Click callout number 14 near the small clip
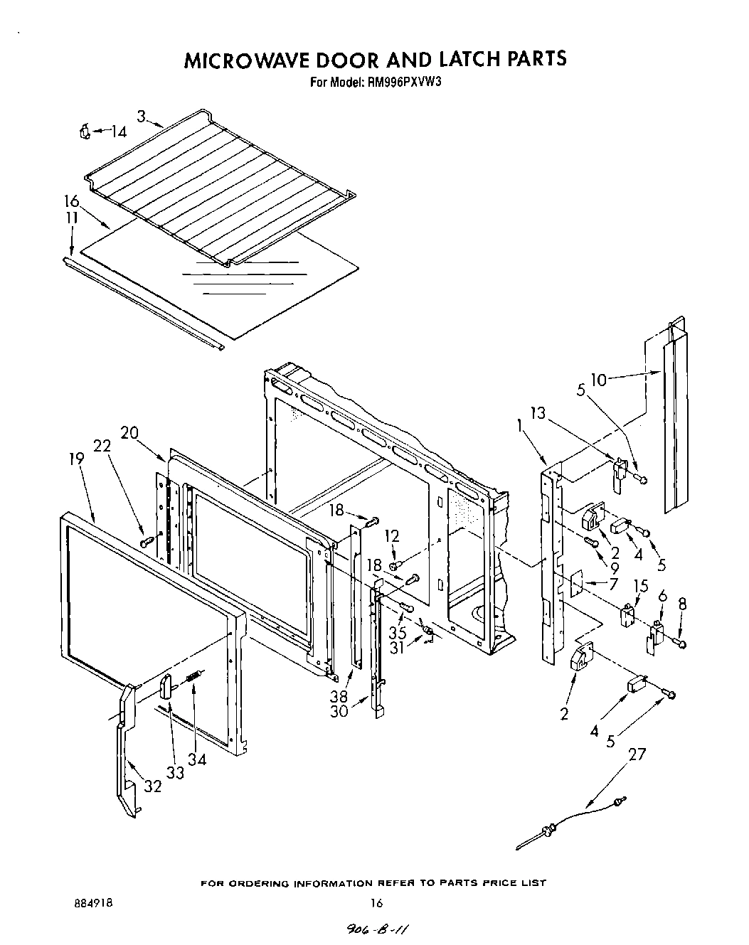(x=118, y=132)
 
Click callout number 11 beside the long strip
(x=70, y=219)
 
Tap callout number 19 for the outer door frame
(x=76, y=459)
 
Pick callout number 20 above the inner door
(x=129, y=433)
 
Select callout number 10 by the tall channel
(x=599, y=380)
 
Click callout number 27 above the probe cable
(x=637, y=754)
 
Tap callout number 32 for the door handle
(x=153, y=786)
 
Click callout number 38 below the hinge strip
(x=339, y=698)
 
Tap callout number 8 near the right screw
(x=683, y=604)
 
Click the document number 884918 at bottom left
(x=92, y=903)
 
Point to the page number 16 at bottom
(x=376, y=903)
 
